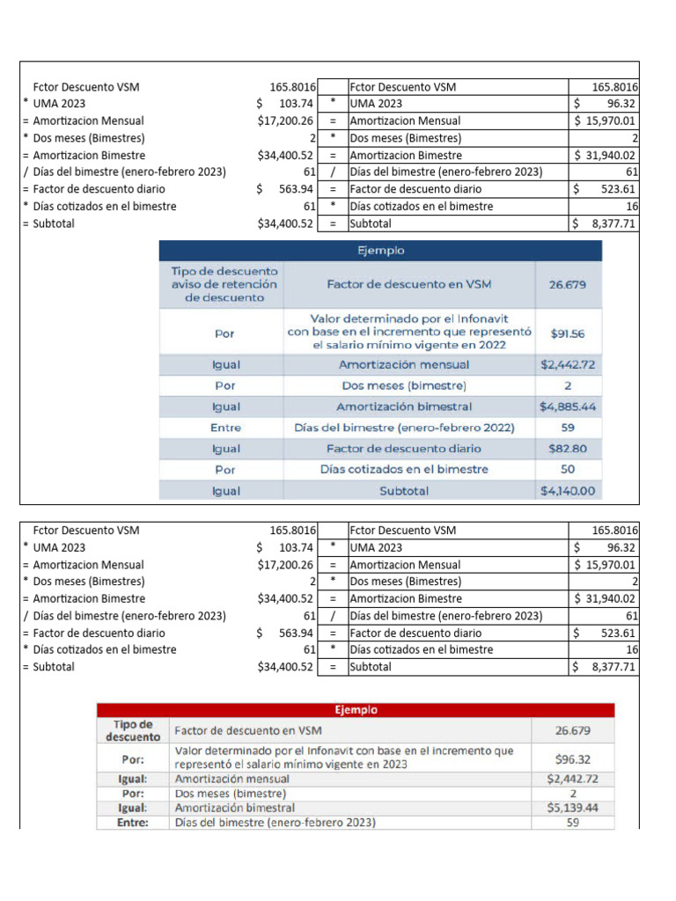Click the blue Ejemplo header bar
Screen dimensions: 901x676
(x=380, y=251)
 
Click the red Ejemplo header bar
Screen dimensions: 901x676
(x=356, y=709)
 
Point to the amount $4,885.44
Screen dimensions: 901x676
(x=568, y=407)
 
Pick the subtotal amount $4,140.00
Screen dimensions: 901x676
(x=568, y=491)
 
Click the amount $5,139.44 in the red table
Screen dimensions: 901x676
(x=572, y=807)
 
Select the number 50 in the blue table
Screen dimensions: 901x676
(x=568, y=470)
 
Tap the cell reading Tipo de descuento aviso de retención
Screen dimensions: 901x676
(x=224, y=284)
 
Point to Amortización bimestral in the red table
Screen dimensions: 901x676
(x=235, y=807)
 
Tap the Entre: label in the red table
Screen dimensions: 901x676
(x=132, y=823)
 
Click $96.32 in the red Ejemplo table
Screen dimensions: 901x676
(x=572, y=758)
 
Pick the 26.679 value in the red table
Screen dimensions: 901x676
(x=572, y=730)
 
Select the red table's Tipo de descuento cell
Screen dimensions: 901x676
(x=132, y=730)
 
